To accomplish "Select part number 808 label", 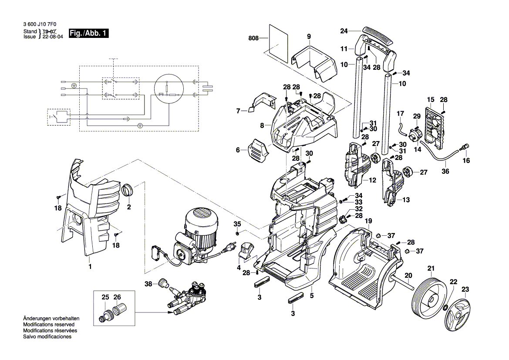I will [253, 38].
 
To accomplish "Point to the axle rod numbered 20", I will [405, 284].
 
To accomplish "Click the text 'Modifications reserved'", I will [48, 325].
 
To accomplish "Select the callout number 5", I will [311, 295].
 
